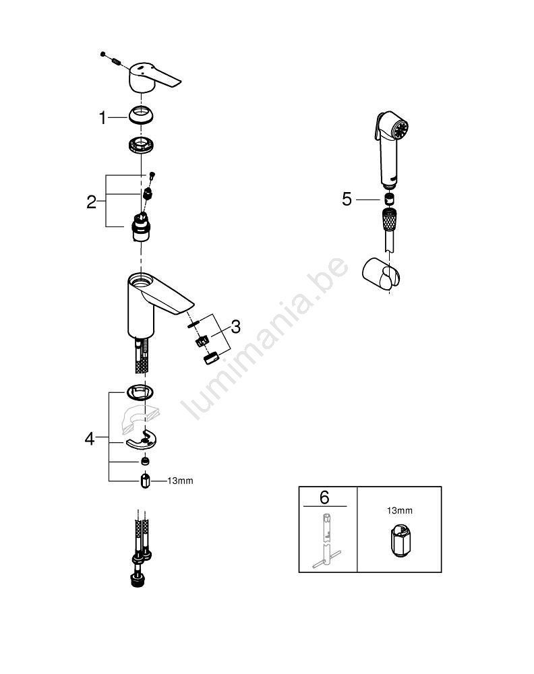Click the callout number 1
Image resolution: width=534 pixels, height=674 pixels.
point(102,117)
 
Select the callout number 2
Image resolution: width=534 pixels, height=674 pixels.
point(92,202)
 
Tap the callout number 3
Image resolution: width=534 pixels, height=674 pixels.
point(235,327)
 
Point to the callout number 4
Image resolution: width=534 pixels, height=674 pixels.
point(90,439)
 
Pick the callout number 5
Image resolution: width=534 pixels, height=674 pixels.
point(347,199)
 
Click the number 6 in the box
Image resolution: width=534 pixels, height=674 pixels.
point(324,497)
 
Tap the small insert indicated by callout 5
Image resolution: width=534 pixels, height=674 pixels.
point(388,199)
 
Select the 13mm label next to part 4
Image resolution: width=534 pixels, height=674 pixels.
point(180,481)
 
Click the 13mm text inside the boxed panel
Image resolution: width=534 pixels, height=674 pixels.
point(399,511)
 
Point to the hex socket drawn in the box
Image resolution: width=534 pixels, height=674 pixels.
point(400,541)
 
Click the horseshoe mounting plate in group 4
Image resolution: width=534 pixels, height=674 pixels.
point(142,440)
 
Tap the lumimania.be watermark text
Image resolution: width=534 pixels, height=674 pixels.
point(264,338)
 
